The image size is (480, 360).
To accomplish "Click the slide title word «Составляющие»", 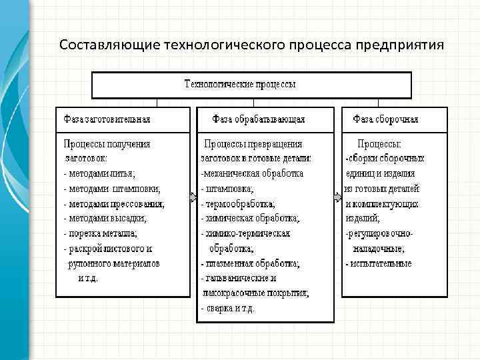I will coord(99,45).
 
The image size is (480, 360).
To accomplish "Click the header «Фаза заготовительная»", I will coord(107,119).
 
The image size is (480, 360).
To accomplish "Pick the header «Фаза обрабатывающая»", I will coord(259,119).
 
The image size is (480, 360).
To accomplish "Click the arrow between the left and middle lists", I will coord(193,197).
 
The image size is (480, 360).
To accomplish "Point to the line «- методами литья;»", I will coord(99,173).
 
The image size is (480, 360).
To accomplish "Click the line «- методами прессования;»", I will coord(114,203).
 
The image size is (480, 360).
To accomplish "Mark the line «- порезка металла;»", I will coord(101,233).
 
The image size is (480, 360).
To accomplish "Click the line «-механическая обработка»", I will coord(252,173).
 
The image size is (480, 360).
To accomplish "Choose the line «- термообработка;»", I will coord(238,203).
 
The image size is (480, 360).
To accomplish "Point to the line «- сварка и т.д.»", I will coord(227,309).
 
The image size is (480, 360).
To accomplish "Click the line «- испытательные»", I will coord(378,263).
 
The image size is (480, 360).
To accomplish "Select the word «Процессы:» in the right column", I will coord(379,143).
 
